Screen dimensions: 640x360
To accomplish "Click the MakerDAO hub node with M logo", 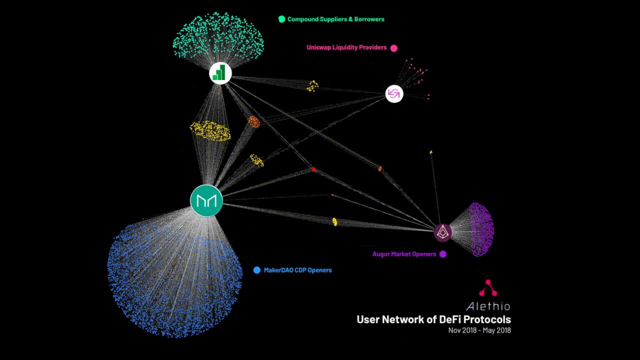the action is click(x=206, y=200).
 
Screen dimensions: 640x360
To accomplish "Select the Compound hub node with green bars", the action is click(x=220, y=73).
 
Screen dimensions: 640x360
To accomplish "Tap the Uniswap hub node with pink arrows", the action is click(x=394, y=93).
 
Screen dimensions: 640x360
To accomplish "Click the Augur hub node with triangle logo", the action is click(x=442, y=232).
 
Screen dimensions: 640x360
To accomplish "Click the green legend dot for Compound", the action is click(x=281, y=19).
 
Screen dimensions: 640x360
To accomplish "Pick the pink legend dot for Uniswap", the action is click(x=393, y=48).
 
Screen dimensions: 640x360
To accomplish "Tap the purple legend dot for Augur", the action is click(x=443, y=254).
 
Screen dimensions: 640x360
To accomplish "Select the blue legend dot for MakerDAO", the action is click(x=257, y=270).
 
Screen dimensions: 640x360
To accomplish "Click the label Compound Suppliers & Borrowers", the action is click(x=335, y=19).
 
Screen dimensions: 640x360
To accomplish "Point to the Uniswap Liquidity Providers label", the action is click(x=346, y=47).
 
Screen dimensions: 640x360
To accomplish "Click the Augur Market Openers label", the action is click(x=404, y=254).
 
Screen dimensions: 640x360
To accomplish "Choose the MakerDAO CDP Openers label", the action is click(x=297, y=270).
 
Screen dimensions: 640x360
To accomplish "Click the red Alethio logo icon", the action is click(x=488, y=287).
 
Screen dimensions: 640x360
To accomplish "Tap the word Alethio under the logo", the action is click(x=488, y=306).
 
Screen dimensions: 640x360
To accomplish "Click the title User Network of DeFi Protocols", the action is click(x=433, y=319).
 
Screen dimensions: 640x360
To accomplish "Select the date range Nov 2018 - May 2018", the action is click(x=479, y=330).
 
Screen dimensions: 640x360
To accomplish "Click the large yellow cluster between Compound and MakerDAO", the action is click(x=210, y=131).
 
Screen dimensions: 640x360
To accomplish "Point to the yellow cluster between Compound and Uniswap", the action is click(x=312, y=85).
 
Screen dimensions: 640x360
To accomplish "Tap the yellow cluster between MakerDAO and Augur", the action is click(x=334, y=221).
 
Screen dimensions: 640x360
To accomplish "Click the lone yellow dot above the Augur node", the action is click(x=431, y=152).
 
